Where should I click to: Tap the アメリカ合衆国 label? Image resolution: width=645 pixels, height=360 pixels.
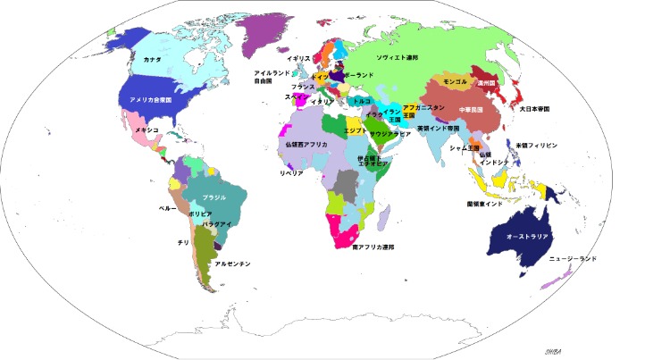[x=163, y=100]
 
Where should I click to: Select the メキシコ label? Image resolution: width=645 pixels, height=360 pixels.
[x=147, y=130]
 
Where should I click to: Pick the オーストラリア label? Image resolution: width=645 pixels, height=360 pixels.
[x=527, y=238]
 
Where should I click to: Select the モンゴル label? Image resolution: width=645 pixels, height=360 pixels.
[x=455, y=80]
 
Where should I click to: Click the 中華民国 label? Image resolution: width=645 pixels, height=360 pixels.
[x=469, y=110]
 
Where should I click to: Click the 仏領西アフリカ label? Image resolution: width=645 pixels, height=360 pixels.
[x=306, y=144]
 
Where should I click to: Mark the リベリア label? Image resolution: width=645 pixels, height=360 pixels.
[x=292, y=172]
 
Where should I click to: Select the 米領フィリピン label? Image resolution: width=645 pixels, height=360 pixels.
[x=537, y=145]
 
